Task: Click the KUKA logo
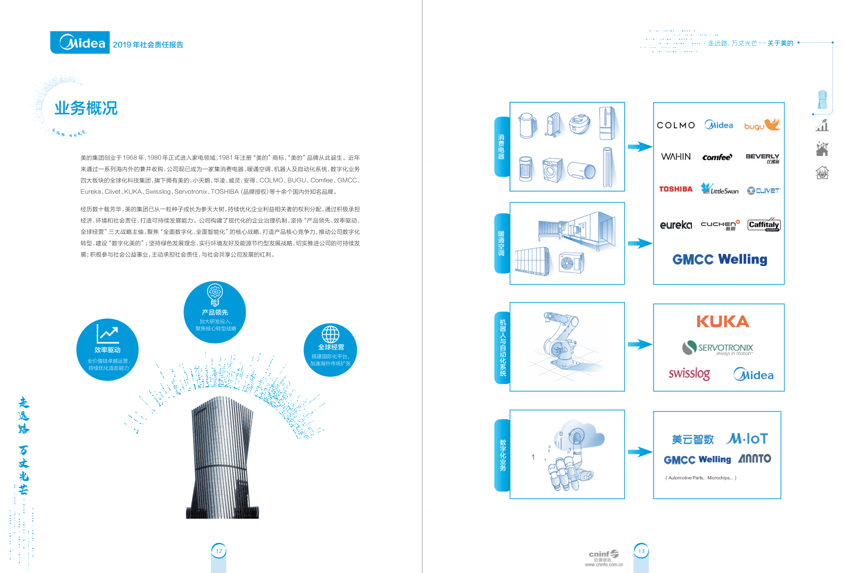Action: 722,321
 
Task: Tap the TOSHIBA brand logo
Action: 675,189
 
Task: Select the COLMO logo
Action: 675,125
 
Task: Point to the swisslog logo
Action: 689,373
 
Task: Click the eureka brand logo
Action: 675,225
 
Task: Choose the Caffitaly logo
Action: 764,225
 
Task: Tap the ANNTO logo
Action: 755,458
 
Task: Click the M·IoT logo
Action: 747,438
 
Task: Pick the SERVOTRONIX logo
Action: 717,348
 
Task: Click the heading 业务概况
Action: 86,108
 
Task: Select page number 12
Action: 219,551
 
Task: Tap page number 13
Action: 641,551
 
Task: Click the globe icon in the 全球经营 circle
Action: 330,334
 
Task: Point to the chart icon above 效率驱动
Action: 107,334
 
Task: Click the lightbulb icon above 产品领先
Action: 215,294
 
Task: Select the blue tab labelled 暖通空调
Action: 502,243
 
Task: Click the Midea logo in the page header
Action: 80,43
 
